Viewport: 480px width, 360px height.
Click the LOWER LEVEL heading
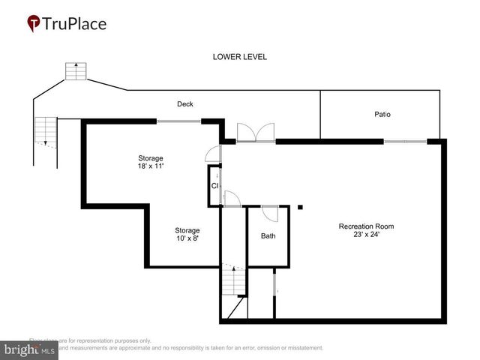tap(239, 57)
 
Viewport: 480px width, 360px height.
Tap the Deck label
tap(185, 103)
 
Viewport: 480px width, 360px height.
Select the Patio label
tap(382, 115)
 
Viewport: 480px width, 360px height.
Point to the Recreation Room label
tap(366, 226)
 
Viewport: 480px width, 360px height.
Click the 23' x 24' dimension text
tap(366, 235)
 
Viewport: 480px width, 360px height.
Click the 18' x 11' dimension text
tap(151, 166)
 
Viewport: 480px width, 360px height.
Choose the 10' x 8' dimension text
tap(187, 238)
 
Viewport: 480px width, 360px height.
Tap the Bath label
tap(268, 236)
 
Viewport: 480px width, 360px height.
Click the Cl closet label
tap(214, 185)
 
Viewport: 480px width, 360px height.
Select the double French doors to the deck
tap(256, 133)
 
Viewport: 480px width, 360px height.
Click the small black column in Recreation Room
tap(299, 206)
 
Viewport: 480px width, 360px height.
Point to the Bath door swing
tap(271, 213)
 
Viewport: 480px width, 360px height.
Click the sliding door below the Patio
tap(405, 141)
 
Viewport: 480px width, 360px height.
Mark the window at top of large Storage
tap(178, 121)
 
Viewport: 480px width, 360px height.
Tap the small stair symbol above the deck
tap(73, 71)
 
